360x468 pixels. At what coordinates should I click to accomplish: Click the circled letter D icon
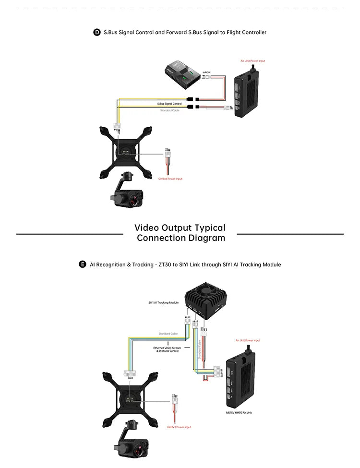pyautogui.click(x=96, y=32)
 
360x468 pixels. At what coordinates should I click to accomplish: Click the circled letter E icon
pyautogui.click(x=83, y=264)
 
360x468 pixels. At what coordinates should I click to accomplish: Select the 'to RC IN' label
pyautogui.click(x=206, y=72)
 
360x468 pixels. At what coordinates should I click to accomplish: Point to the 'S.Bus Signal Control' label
pyautogui.click(x=169, y=104)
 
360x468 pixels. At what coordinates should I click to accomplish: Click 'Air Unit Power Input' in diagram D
pyautogui.click(x=252, y=61)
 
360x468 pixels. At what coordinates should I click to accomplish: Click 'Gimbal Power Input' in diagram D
pyautogui.click(x=170, y=179)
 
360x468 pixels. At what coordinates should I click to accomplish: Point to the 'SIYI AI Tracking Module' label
pyautogui.click(x=163, y=303)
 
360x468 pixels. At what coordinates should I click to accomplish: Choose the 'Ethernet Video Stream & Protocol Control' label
pyautogui.click(x=166, y=349)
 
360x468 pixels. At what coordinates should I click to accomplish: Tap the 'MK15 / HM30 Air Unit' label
pyautogui.click(x=239, y=412)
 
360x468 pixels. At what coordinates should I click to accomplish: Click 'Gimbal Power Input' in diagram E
pyautogui.click(x=179, y=427)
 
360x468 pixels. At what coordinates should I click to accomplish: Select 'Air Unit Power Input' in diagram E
pyautogui.click(x=248, y=340)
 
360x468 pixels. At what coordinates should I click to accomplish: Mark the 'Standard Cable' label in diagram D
pyautogui.click(x=169, y=110)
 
